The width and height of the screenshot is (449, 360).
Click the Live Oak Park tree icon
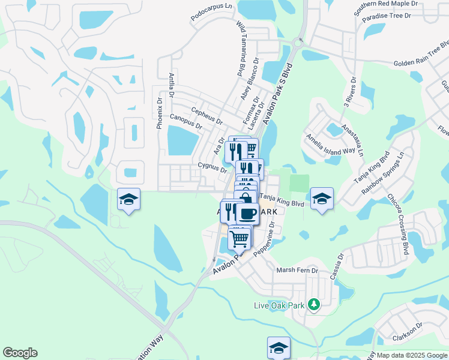[x=313, y=305]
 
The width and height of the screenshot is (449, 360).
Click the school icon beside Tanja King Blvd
[x=322, y=199]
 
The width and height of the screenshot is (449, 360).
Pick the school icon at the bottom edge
[x=279, y=347]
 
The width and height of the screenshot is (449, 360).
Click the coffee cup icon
[x=247, y=213]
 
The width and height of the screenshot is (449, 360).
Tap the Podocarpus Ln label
[x=211, y=14]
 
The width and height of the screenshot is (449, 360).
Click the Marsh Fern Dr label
[x=297, y=271]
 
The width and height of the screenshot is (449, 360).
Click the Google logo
[x=20, y=353]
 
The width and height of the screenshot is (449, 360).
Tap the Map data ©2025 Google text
[x=411, y=355]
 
